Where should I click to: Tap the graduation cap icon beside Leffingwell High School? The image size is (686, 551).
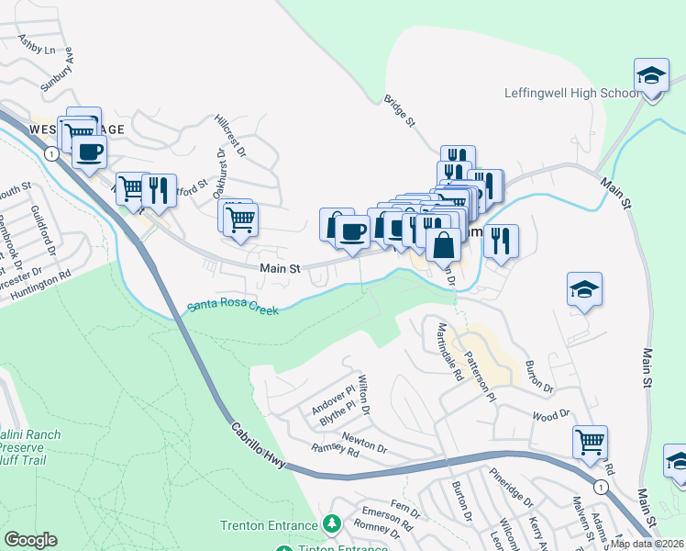pos(650,75)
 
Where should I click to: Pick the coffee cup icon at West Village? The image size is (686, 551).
pos(89,152)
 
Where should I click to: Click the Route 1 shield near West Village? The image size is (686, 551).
pos(52,154)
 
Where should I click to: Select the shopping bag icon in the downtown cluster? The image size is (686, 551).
pos(444,244)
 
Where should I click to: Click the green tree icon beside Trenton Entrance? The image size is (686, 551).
pos(331,524)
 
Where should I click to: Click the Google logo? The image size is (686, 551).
pos(30,540)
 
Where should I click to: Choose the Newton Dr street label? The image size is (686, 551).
pos(364,444)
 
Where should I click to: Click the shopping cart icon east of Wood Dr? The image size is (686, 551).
pos(590,442)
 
